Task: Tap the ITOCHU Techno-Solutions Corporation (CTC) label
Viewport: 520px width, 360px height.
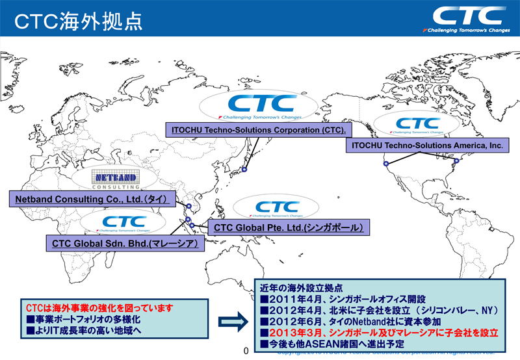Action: [x=258, y=129]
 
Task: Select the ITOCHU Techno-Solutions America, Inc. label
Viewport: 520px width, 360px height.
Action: [x=426, y=146]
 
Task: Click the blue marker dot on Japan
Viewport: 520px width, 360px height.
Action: [x=244, y=170]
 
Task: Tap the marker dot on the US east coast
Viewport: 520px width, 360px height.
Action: [x=456, y=161]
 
